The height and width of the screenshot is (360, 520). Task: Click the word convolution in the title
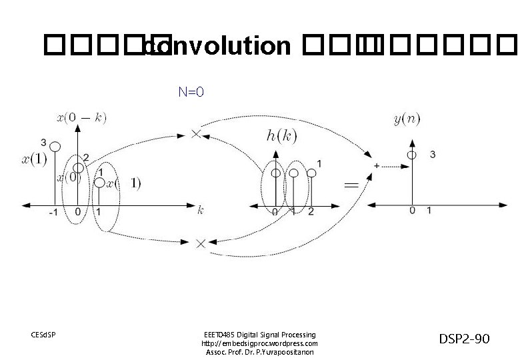pos(220,47)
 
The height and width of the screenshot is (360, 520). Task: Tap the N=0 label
pos(191,91)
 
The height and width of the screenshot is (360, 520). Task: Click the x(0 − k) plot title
pos(81,118)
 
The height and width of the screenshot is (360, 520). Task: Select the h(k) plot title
pos(281,136)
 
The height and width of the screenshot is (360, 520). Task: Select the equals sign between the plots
pos(351,184)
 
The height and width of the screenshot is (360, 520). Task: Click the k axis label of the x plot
pos(200,210)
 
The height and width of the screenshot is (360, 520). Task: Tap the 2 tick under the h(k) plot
pos(311,211)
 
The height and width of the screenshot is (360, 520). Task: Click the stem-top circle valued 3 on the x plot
pos(55,147)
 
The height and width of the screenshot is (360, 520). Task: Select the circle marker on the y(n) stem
pos(413,155)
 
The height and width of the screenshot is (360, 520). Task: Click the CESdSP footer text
pos(44,334)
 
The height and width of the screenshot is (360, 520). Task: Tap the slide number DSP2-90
pos(465,340)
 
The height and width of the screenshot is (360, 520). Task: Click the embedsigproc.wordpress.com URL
pos(259,343)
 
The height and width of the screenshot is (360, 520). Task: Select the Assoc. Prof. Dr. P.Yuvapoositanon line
pos(259,352)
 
